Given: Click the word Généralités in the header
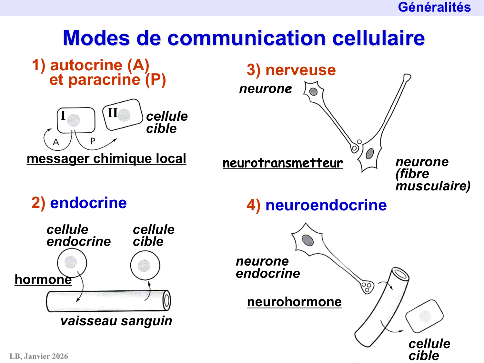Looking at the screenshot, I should pos(434,7).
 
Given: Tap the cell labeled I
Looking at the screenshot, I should pos(76,120).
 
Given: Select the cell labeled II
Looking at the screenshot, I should pos(123,115).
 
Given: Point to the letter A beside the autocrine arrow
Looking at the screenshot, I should pos(56,142).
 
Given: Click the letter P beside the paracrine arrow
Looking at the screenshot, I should pos(93,141).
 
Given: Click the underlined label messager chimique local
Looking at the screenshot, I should pos(106,159).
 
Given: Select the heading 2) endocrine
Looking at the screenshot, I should pos(79,203).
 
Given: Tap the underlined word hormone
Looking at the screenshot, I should pos(43,280).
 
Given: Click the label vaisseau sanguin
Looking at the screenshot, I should pos(116,321).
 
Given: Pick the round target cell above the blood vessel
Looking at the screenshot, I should pos(145,265).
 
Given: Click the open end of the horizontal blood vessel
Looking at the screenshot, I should pos(166,300).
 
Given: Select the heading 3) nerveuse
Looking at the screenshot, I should pos(291,70).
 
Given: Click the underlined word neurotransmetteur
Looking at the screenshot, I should pos(283,163).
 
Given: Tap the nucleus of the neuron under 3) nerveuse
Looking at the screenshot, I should pos(313,92).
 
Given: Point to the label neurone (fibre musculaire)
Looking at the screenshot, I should pos(432,174).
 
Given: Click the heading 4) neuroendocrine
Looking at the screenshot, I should pos(317,205).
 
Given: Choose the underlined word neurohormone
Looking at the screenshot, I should pos(294,302).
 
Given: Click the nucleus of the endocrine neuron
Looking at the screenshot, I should pos(308,240).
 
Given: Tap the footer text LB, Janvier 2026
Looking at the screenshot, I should pos(39,356).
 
